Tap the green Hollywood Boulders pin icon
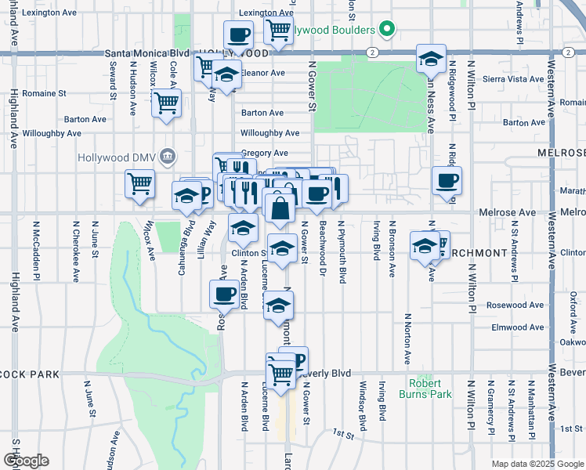click(x=385, y=31)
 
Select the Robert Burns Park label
click(x=430, y=389)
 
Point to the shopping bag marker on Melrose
click(x=279, y=210)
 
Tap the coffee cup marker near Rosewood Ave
click(x=224, y=294)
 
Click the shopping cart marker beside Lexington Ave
click(x=278, y=31)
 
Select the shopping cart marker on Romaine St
click(x=167, y=103)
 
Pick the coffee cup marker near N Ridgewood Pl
click(x=447, y=181)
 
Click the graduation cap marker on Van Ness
click(x=430, y=58)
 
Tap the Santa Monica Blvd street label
click(x=147, y=53)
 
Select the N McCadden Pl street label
click(x=36, y=251)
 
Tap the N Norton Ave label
click(x=407, y=339)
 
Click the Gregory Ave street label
click(x=265, y=154)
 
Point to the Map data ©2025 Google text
click(x=537, y=464)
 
